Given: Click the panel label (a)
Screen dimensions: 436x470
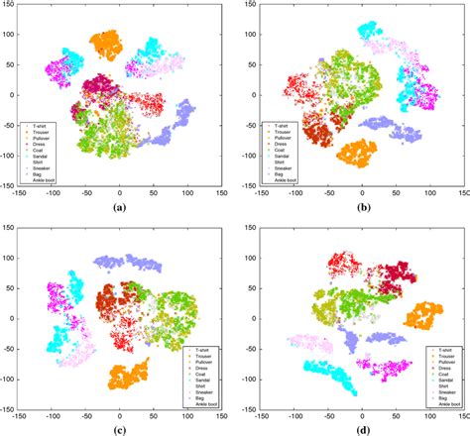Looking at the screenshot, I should (x=120, y=209).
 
